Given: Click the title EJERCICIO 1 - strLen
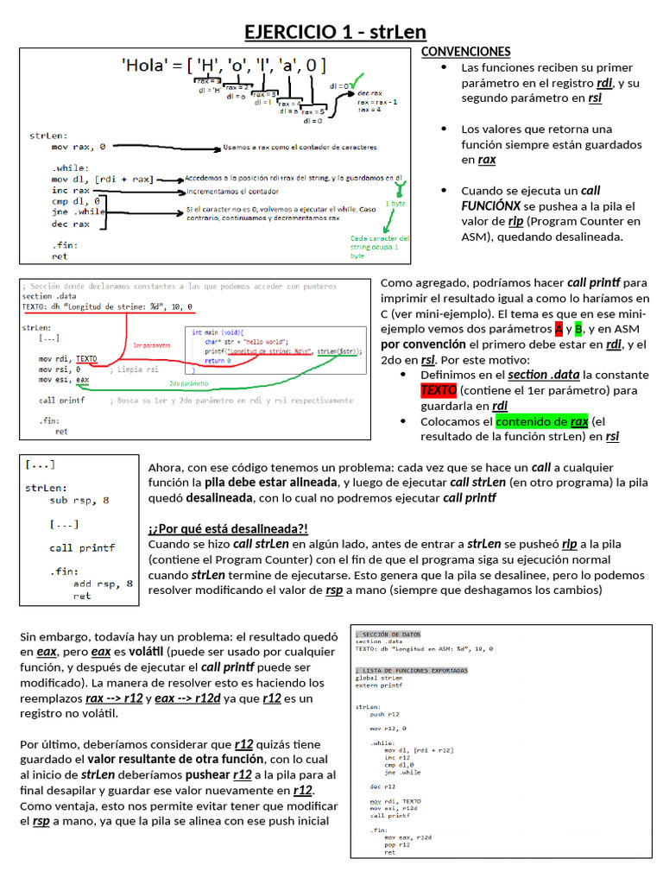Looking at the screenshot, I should tap(335, 32).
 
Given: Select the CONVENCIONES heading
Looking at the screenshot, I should tap(465, 52).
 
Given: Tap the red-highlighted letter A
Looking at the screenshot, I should tap(559, 329).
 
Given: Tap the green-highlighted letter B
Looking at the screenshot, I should tap(579, 329).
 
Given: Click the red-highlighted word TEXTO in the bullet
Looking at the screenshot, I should tap(438, 391).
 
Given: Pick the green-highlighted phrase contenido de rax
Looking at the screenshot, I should tap(542, 421).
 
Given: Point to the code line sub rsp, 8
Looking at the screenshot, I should tap(79, 500).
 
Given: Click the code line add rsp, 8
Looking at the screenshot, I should tap(104, 584).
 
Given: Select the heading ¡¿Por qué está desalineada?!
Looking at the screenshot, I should tap(228, 528).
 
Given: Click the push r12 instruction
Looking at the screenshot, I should tap(384, 714).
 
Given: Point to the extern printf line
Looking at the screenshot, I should tap(379, 685).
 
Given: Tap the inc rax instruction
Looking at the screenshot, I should tap(70, 190).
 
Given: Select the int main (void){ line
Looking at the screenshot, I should tap(222, 332).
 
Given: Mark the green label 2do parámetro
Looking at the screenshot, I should tap(186, 383).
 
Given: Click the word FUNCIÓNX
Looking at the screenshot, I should tap(490, 205).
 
